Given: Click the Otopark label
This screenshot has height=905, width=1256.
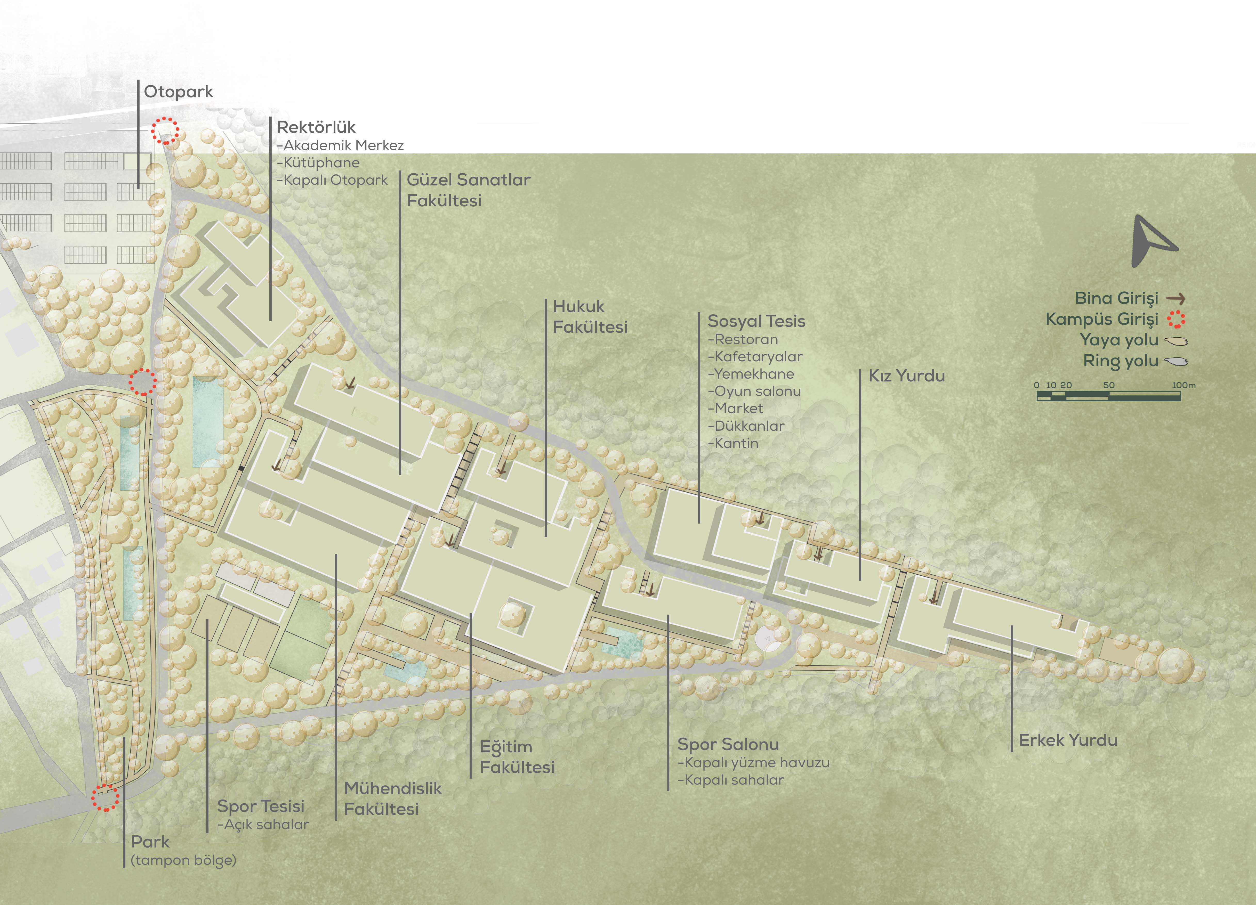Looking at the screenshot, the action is pos(178,92).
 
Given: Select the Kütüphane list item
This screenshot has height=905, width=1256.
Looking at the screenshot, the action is pos(318,163).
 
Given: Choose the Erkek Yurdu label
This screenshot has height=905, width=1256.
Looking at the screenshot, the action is pos(1068,741).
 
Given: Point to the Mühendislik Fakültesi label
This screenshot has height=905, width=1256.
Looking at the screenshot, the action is pos(393,799).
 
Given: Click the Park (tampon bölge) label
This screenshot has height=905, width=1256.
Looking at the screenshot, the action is pos(183,851).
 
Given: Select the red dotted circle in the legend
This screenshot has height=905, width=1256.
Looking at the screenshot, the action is pos(1176,320).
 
